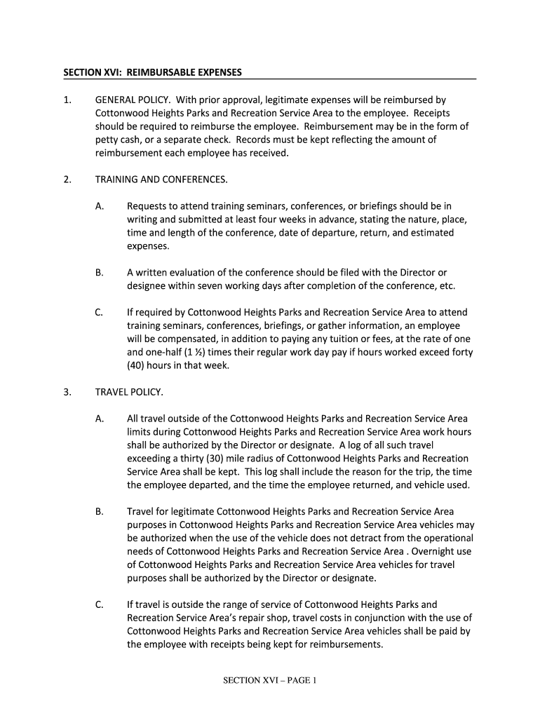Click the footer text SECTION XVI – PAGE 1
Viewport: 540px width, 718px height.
pyautogui.click(x=271, y=680)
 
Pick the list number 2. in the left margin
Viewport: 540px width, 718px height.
pyautogui.click(x=67, y=179)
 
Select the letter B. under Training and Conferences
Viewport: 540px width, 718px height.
pyautogui.click(x=100, y=272)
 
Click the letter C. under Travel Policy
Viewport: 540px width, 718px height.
pyautogui.click(x=100, y=604)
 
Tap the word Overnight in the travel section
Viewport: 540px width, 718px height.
pyautogui.click(x=429, y=551)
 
